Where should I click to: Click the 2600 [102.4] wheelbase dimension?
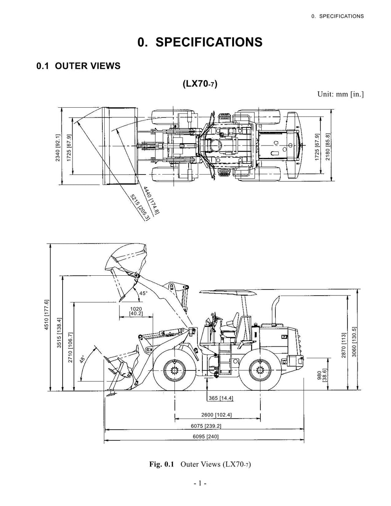tap(216, 415)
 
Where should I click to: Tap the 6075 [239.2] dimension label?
tap(206, 426)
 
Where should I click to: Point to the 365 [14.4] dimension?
tap(221, 398)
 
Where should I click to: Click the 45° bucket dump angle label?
tap(143, 293)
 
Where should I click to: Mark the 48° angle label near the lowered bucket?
tap(83, 361)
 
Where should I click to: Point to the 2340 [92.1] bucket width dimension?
tap(58, 147)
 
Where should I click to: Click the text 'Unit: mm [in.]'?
tap(340, 94)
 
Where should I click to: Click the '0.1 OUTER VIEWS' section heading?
tap(78, 66)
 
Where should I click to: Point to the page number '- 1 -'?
tap(200, 483)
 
